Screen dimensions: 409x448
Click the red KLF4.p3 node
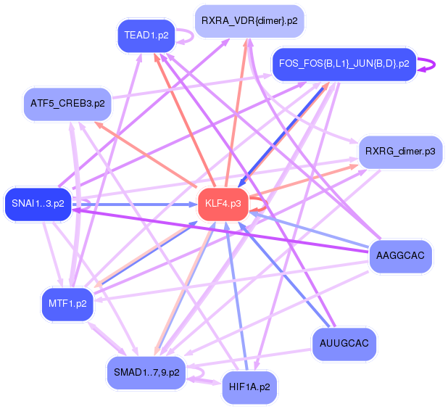pos(223,204)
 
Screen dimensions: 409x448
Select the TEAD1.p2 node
pos(146,35)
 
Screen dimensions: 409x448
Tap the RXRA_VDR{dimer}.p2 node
pos(249,21)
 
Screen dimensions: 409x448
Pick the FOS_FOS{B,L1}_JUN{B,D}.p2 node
pos(344,64)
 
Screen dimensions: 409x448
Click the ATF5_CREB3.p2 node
pos(67,104)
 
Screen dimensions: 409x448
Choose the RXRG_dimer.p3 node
pos(400,152)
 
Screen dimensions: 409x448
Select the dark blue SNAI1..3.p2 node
pos(38,204)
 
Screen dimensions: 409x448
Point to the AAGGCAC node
pos(401,255)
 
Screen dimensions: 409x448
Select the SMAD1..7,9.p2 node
pos(146,373)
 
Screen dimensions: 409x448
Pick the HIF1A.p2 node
pos(249,387)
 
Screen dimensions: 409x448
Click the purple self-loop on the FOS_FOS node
pos(429,64)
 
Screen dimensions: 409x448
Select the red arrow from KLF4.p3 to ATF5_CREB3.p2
pos(145,154)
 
